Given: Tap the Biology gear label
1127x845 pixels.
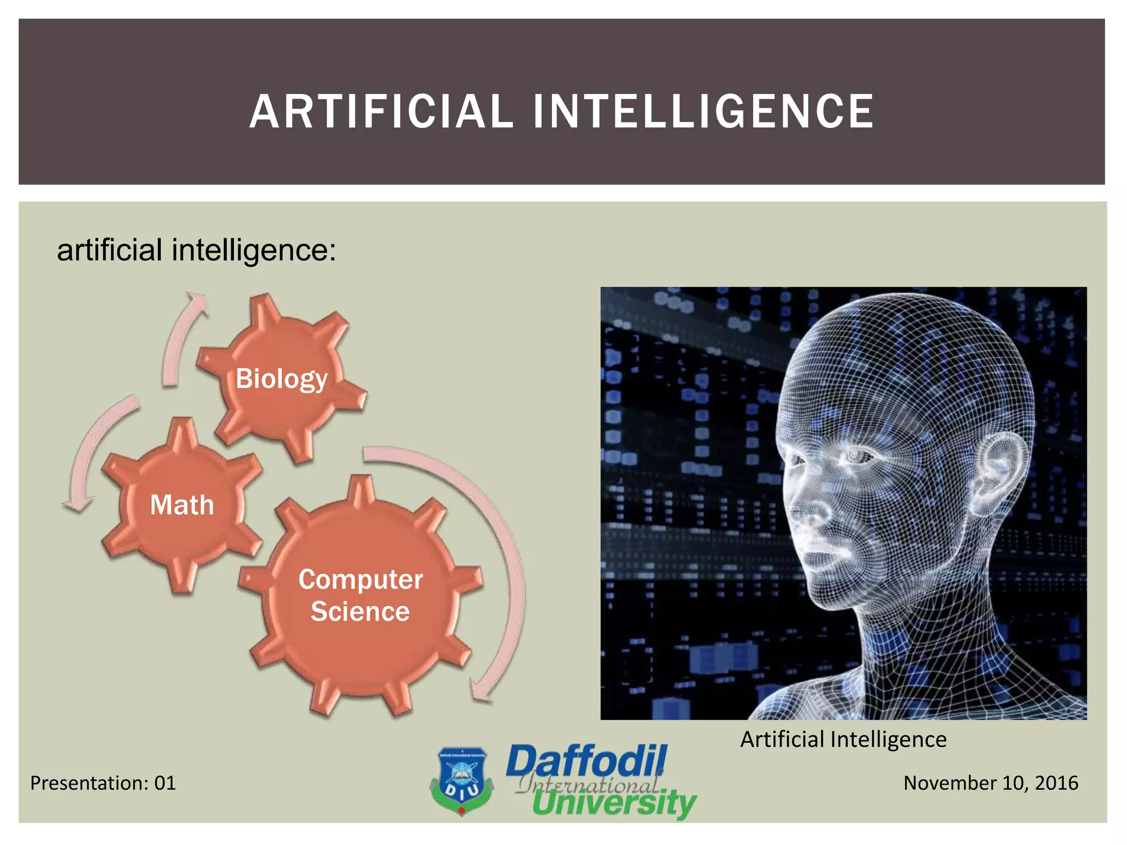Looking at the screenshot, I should [x=281, y=378].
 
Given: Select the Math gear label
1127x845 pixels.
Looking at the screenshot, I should [x=182, y=505].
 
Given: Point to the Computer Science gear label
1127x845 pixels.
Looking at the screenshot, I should [x=360, y=595].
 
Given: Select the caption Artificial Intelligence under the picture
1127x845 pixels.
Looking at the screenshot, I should [x=843, y=739].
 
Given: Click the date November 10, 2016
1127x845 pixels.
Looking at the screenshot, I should [x=991, y=783].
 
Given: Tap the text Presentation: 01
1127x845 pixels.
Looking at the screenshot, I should [x=103, y=783].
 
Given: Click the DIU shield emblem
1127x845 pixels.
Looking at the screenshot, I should [x=461, y=780].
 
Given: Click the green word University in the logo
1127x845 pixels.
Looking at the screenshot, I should [x=614, y=804].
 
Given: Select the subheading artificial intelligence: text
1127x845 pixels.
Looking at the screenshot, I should [x=196, y=250].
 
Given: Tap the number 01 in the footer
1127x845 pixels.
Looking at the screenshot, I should [x=165, y=783].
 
